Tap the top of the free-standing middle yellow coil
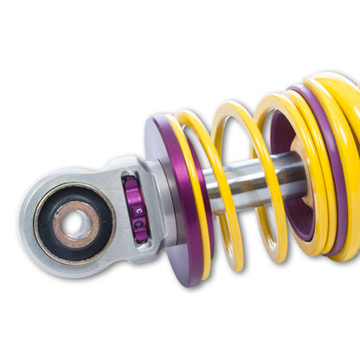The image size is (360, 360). (235, 108)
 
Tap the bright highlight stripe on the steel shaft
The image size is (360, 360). (260, 170)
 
